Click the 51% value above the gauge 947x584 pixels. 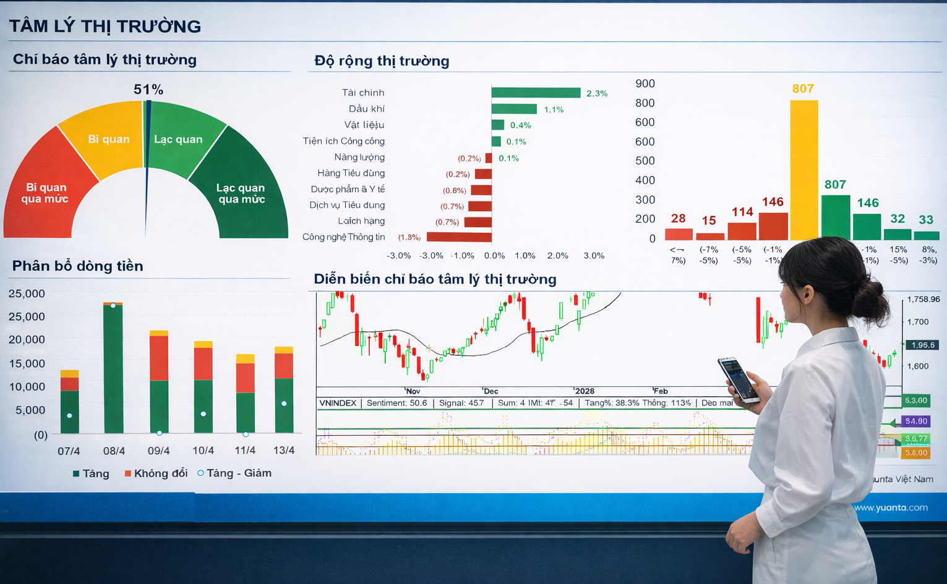(148, 90)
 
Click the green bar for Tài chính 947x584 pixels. (536, 93)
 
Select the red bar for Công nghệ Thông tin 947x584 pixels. (459, 237)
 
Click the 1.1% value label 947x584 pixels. (554, 109)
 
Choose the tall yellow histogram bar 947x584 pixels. (803, 170)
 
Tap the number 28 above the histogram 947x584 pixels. (678, 218)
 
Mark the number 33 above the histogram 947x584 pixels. (926, 219)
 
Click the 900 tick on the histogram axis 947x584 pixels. (645, 83)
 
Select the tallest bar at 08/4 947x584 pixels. (113, 368)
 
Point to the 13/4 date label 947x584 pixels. (284, 451)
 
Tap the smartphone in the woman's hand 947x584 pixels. (738, 379)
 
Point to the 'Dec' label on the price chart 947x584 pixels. (491, 391)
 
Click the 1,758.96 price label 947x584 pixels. (923, 299)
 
